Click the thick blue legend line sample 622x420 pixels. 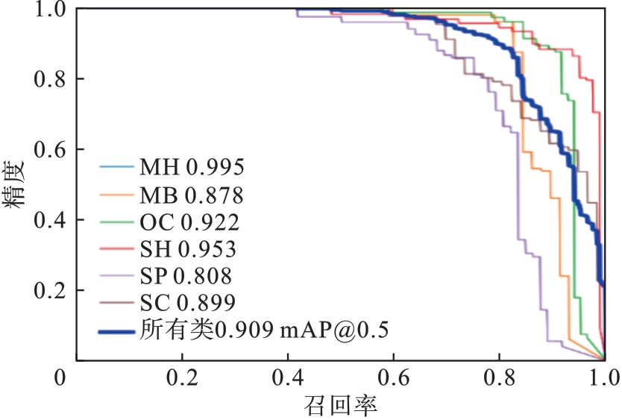point(117,329)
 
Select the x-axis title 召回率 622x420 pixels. point(340,404)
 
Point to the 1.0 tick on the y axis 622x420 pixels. point(50,10)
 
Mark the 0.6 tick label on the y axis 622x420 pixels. point(50,149)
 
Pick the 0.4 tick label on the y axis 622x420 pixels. point(50,220)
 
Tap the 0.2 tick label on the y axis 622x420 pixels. point(50,290)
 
